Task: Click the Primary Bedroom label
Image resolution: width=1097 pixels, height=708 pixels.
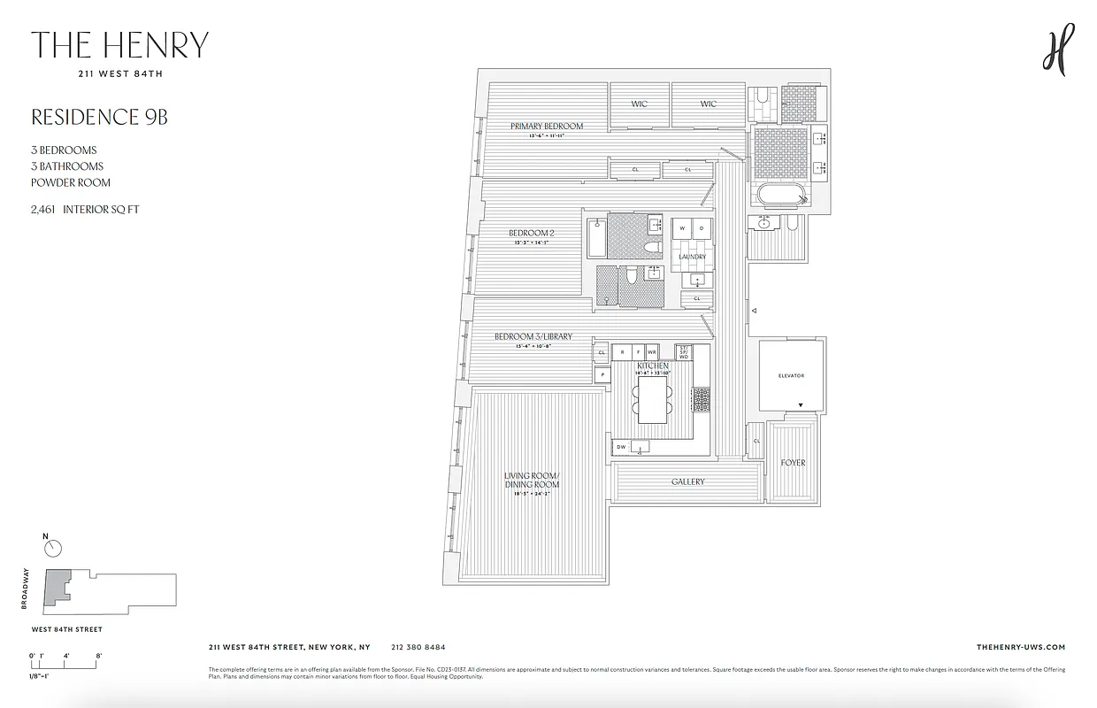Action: click(546, 126)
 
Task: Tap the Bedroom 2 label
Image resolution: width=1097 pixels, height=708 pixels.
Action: click(531, 233)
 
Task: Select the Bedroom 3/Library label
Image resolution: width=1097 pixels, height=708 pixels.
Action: click(533, 336)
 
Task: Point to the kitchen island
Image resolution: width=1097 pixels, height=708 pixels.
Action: click(652, 399)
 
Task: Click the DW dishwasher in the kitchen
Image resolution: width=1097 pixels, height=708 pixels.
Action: click(621, 447)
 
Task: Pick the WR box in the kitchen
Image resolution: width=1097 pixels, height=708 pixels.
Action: click(652, 351)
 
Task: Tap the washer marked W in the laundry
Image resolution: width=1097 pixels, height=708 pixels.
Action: click(681, 228)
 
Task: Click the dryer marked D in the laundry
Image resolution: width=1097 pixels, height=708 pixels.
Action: click(702, 228)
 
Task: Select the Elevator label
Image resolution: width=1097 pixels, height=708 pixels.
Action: click(791, 376)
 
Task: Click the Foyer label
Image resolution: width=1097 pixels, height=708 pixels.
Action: click(793, 463)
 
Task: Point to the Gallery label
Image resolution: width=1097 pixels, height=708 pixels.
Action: click(687, 481)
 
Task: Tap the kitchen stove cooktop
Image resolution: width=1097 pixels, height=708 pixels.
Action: click(701, 400)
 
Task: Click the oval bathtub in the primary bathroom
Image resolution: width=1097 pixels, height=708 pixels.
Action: click(779, 196)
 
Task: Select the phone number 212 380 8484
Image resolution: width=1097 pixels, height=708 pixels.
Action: click(418, 647)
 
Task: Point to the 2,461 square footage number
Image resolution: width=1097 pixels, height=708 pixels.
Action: click(44, 210)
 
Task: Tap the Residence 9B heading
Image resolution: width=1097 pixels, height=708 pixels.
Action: click(99, 118)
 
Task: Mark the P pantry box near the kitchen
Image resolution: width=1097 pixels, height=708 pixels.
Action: click(602, 374)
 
